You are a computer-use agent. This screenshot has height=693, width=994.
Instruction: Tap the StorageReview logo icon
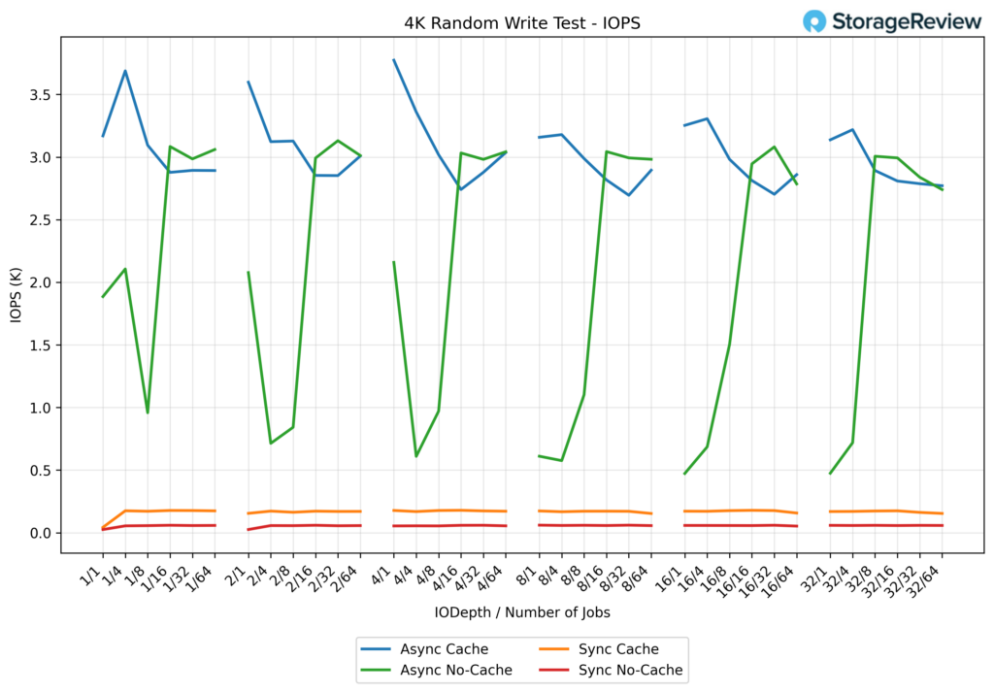(x=814, y=21)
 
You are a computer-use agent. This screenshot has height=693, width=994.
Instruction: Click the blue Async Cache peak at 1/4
(x=125, y=71)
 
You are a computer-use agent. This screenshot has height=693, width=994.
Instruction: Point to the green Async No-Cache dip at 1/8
(x=148, y=412)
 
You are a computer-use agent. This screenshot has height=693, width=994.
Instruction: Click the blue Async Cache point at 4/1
(x=393, y=60)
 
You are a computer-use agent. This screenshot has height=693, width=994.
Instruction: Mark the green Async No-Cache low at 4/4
(x=415, y=456)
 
